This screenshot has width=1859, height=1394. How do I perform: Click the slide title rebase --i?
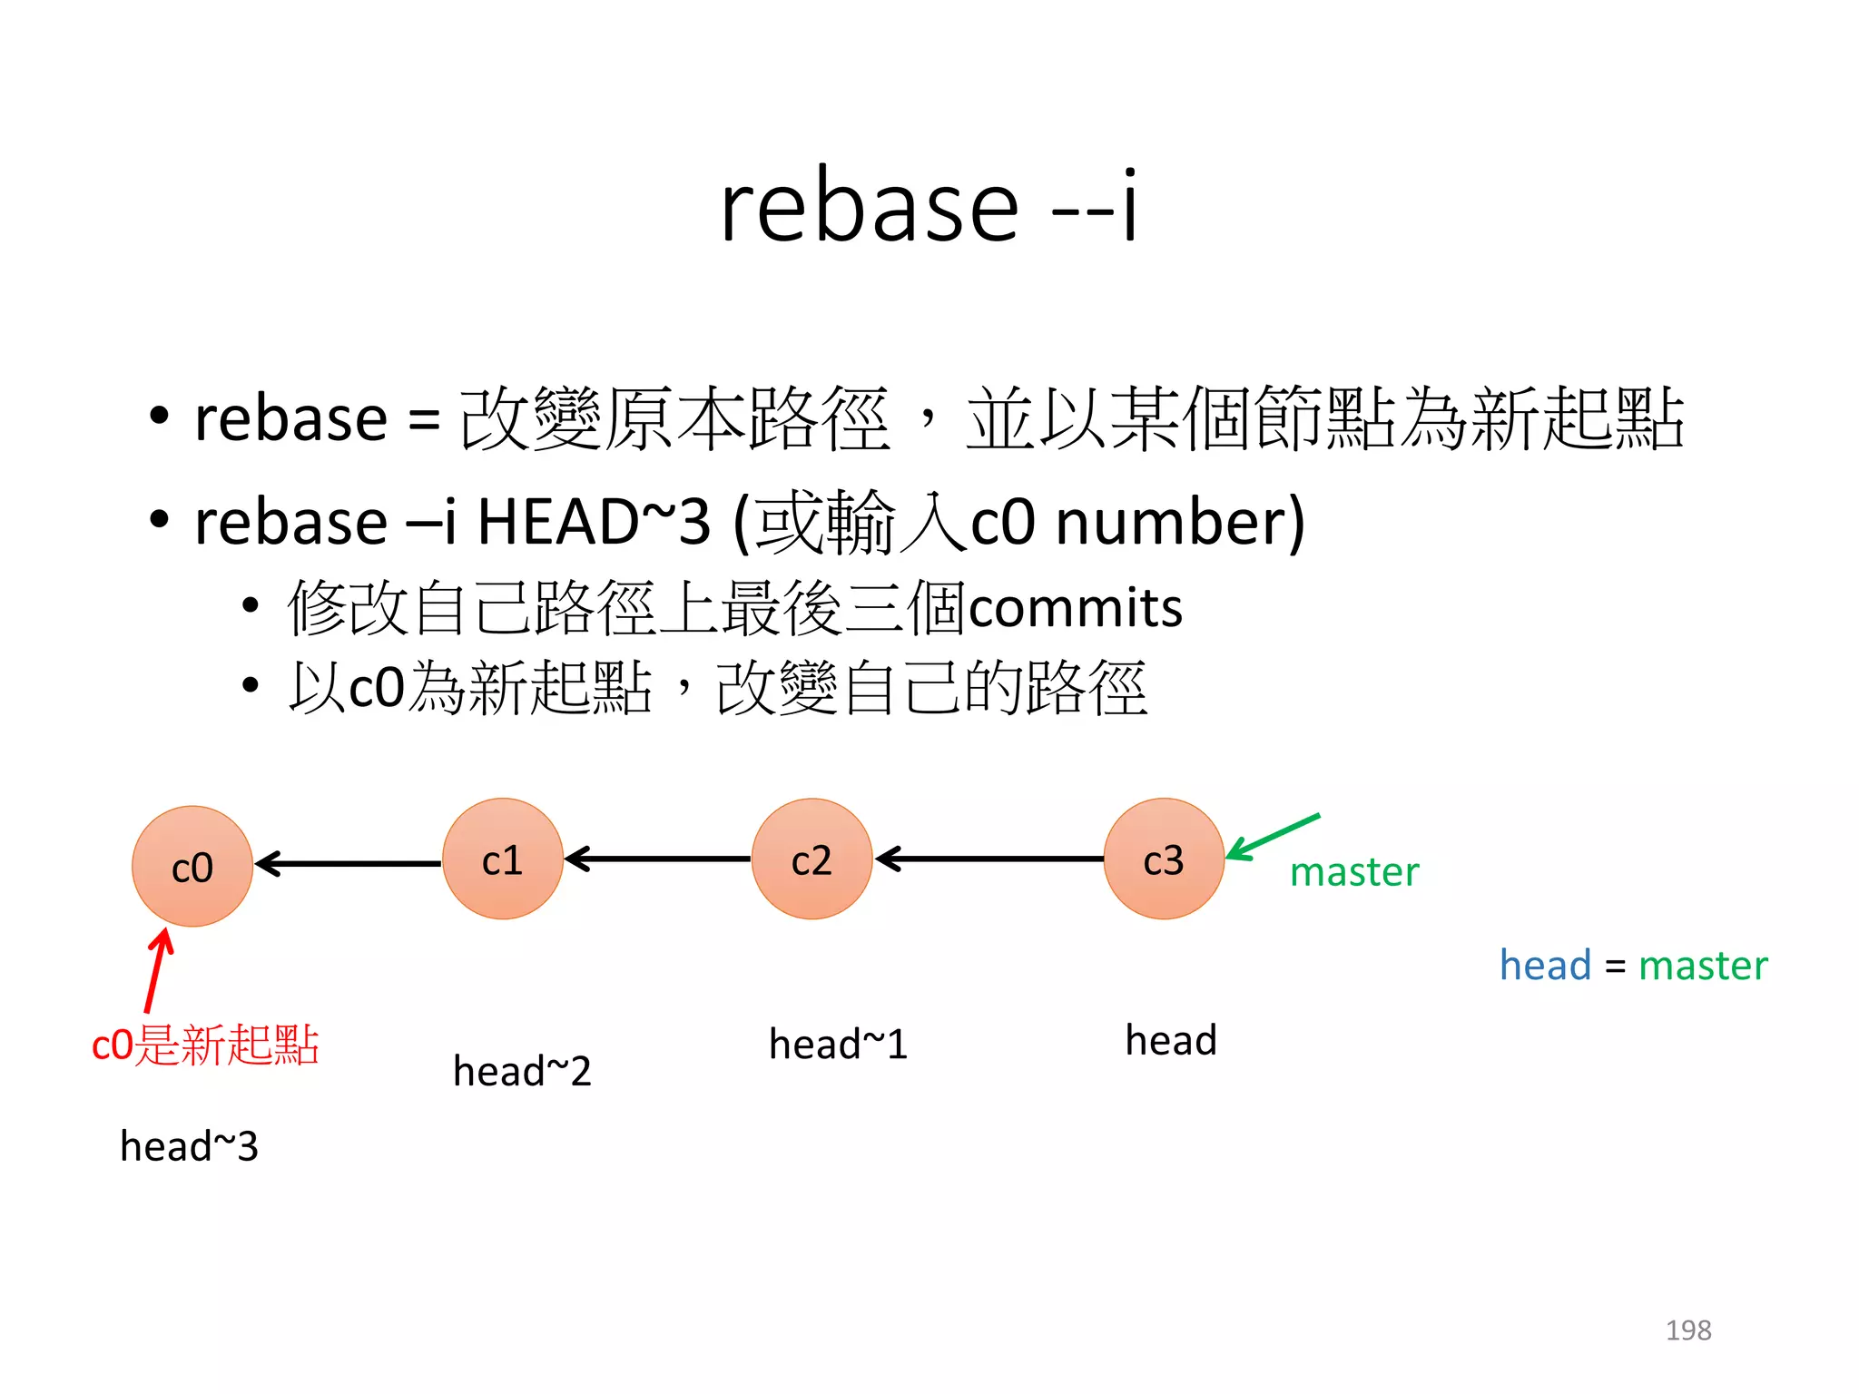click(x=928, y=207)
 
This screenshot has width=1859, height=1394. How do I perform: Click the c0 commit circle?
click(x=192, y=867)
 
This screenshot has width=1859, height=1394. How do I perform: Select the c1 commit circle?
click(x=503, y=859)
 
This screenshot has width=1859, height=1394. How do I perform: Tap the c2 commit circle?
click(x=811, y=859)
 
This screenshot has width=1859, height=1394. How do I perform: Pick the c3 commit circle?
click(x=1164, y=859)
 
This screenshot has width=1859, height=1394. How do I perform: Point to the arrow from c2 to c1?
click(x=657, y=858)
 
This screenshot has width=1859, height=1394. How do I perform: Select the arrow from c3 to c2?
click(x=989, y=858)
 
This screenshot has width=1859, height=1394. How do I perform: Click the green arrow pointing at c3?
click(x=1273, y=836)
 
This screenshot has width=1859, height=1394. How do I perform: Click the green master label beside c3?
click(x=1354, y=872)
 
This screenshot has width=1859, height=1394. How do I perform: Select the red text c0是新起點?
click(x=205, y=1045)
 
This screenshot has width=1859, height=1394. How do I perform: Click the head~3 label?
click(x=189, y=1146)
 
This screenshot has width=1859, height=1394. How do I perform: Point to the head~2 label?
click(x=522, y=1071)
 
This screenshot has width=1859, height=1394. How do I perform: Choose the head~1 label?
click(x=838, y=1044)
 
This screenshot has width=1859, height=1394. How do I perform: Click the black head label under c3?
click(x=1171, y=1040)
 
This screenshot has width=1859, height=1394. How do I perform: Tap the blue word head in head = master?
click(x=1545, y=965)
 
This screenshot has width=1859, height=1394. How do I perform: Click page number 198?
click(x=1688, y=1330)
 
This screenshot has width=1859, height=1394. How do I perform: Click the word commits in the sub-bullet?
click(x=1076, y=607)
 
